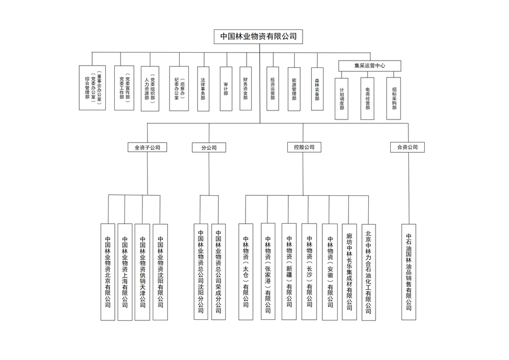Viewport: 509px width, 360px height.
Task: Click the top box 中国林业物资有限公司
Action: [x=258, y=36]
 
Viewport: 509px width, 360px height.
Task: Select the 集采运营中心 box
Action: [x=369, y=66]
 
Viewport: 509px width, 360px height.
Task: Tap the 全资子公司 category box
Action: [x=148, y=147]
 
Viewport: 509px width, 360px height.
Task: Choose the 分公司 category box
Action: [x=209, y=148]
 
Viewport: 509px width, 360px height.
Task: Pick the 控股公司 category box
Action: [x=304, y=147]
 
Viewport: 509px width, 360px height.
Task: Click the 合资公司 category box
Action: [x=407, y=147]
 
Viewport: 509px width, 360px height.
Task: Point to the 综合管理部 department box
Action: [x=92, y=88]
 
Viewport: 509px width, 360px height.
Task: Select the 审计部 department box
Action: [x=226, y=89]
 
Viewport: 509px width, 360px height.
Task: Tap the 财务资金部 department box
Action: [x=245, y=88]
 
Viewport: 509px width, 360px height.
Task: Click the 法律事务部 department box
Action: [x=203, y=89]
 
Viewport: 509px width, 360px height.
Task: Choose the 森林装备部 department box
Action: [x=317, y=89]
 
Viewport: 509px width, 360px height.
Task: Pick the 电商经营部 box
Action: [x=368, y=98]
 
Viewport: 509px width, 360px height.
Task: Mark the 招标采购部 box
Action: [x=394, y=98]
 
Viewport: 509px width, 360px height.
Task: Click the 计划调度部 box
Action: [x=342, y=98]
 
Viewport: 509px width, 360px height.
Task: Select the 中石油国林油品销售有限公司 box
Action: [x=409, y=272]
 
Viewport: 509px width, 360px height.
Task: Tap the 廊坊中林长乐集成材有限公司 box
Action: [x=350, y=272]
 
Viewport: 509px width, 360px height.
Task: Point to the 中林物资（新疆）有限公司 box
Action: [x=289, y=272]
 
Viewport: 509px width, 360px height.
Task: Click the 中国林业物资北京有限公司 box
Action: [x=108, y=272]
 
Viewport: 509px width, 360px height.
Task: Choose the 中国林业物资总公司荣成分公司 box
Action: [x=218, y=272]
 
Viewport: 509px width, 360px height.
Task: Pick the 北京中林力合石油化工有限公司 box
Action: [x=368, y=272]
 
